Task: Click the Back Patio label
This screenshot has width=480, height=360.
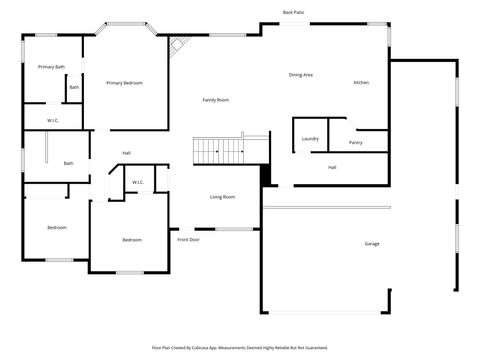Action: click(294, 12)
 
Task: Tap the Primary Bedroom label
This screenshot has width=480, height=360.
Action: click(125, 83)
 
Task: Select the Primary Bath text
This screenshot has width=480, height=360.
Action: click(52, 66)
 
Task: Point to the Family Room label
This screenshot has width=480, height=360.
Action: click(216, 100)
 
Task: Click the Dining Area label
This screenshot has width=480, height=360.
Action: click(301, 75)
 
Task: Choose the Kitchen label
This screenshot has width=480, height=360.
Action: click(361, 82)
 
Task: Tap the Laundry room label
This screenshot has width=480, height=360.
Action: click(310, 139)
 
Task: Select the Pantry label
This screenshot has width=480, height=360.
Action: click(356, 143)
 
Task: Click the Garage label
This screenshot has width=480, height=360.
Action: click(372, 244)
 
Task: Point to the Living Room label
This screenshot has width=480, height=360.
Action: click(222, 197)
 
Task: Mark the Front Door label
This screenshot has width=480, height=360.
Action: click(188, 240)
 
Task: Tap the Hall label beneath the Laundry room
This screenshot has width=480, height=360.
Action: click(332, 167)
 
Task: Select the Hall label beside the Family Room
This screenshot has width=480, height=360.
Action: click(127, 152)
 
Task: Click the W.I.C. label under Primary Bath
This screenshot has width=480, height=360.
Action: click(52, 120)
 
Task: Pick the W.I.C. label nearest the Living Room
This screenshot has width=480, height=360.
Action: click(137, 182)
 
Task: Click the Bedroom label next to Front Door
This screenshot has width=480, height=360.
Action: click(132, 240)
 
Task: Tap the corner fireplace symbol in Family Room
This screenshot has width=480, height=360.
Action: click(179, 46)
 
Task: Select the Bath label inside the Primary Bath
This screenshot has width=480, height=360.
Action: click(74, 88)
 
